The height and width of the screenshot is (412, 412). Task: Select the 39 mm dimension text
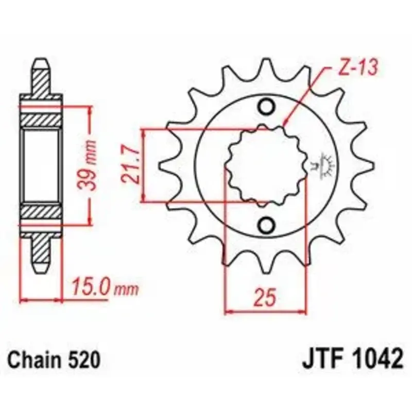(x=87, y=165)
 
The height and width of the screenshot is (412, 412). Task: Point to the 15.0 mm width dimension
(x=105, y=288)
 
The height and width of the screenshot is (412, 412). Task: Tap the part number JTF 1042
(x=352, y=359)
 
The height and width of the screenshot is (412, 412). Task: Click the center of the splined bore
(x=266, y=166)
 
